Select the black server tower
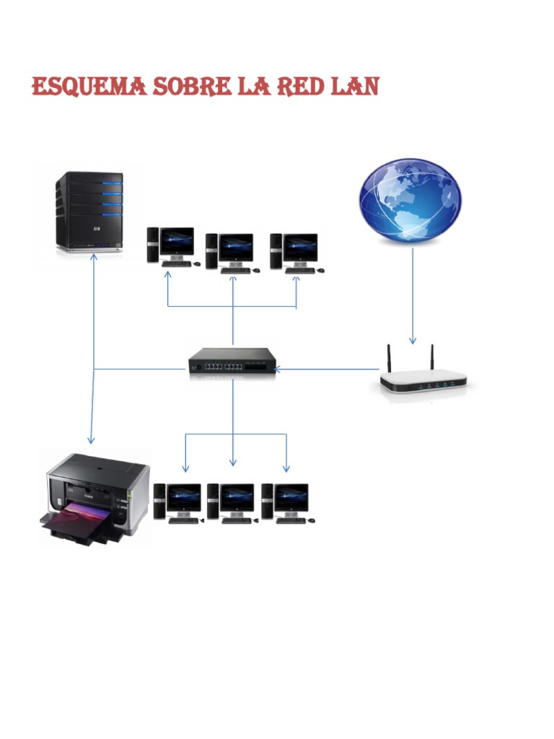tap(90, 211)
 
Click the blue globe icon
tap(410, 200)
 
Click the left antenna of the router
tap(388, 357)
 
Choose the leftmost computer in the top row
tap(170, 247)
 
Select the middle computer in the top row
tap(229, 252)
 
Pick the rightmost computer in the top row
tap(295, 252)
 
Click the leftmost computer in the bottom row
tap(179, 502)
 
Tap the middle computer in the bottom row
tap(232, 502)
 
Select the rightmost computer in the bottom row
tap(286, 502)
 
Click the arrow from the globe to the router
tap(412, 296)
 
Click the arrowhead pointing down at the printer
tap(91, 440)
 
